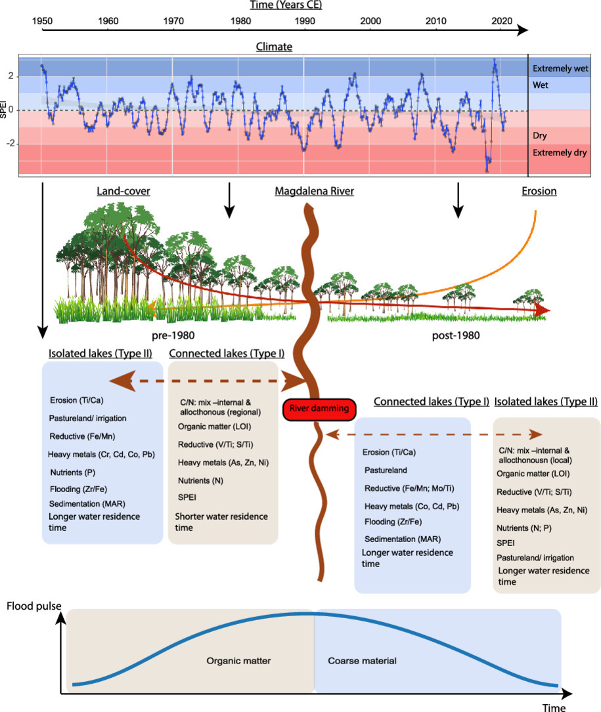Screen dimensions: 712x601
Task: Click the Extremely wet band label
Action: pos(560,68)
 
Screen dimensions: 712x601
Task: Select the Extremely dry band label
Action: pos(560,153)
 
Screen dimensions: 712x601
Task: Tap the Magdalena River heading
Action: pos(315,192)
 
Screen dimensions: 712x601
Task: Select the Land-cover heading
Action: pos(123,192)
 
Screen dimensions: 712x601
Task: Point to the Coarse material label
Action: pos(362,661)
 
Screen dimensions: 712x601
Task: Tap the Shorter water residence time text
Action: pos(221,522)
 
